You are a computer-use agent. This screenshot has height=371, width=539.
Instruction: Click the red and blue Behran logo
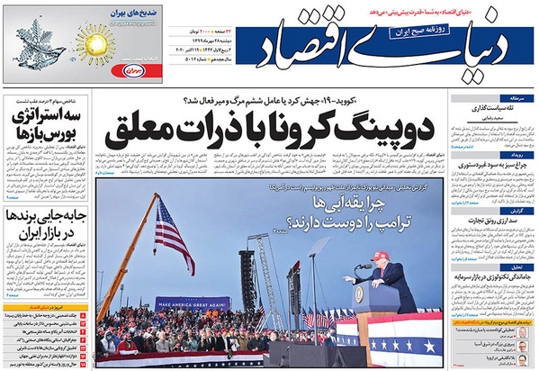[x=132, y=68]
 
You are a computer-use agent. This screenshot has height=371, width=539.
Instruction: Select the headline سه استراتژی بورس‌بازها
[x=40, y=128]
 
